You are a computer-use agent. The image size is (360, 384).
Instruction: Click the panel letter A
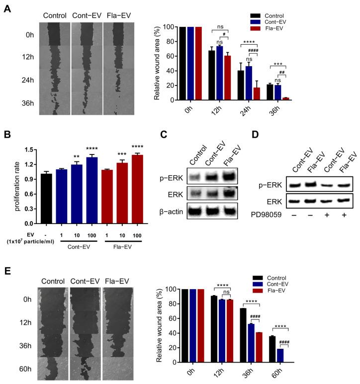(x=7, y=9)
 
